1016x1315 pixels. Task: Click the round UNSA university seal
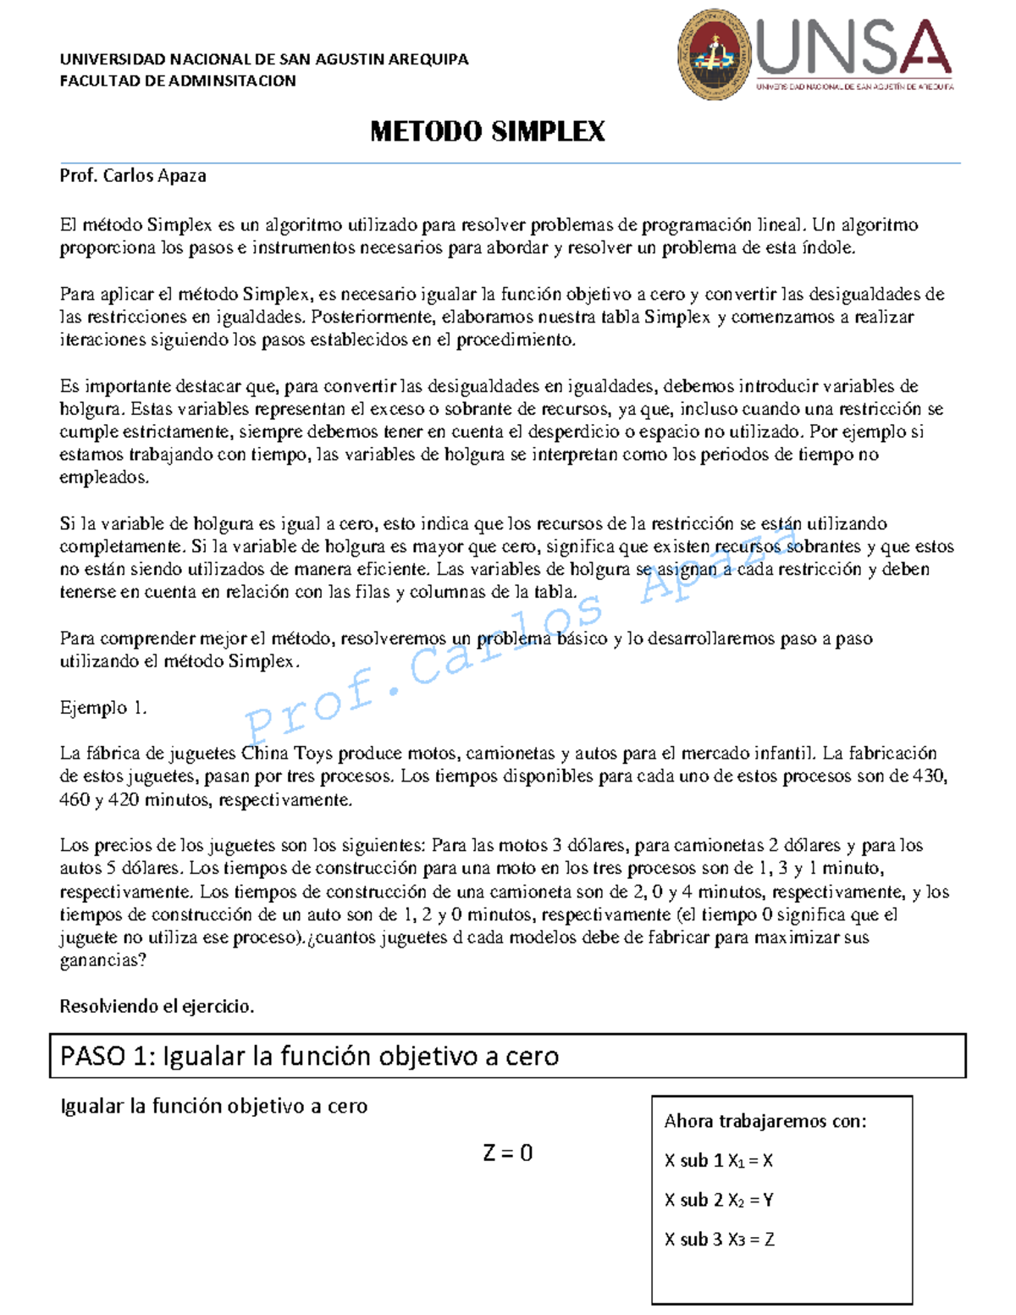point(715,53)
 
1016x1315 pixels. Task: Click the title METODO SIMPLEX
point(488,132)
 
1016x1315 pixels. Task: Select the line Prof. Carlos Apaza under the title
point(133,176)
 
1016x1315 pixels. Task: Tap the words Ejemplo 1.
point(103,708)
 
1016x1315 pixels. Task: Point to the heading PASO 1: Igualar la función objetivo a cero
point(310,1056)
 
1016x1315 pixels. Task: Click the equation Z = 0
point(507,1152)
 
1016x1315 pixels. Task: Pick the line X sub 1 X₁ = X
point(719,1161)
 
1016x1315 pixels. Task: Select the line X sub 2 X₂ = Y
point(719,1200)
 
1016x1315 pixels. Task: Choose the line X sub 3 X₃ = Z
point(719,1240)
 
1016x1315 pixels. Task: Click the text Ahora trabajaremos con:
point(765,1121)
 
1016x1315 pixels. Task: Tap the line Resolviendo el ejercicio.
point(157,1007)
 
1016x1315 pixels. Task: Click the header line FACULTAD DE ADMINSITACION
point(178,81)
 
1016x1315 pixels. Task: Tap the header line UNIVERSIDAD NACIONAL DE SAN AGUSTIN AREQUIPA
point(263,59)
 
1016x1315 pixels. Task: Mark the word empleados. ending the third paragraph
point(104,478)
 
